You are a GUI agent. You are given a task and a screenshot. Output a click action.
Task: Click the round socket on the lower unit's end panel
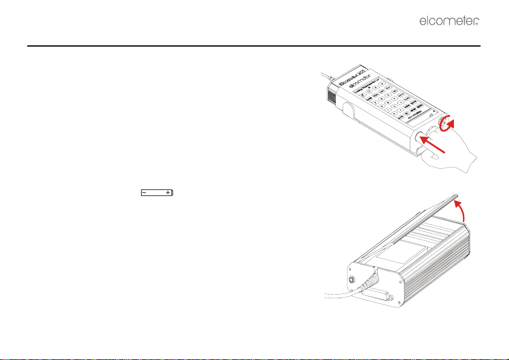pyautogui.click(x=352, y=280)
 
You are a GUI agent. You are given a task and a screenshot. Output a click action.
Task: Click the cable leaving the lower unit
pyautogui.click(x=330, y=295)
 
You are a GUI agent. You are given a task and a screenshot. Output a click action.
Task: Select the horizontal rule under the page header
pyautogui.click(x=254, y=45)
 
